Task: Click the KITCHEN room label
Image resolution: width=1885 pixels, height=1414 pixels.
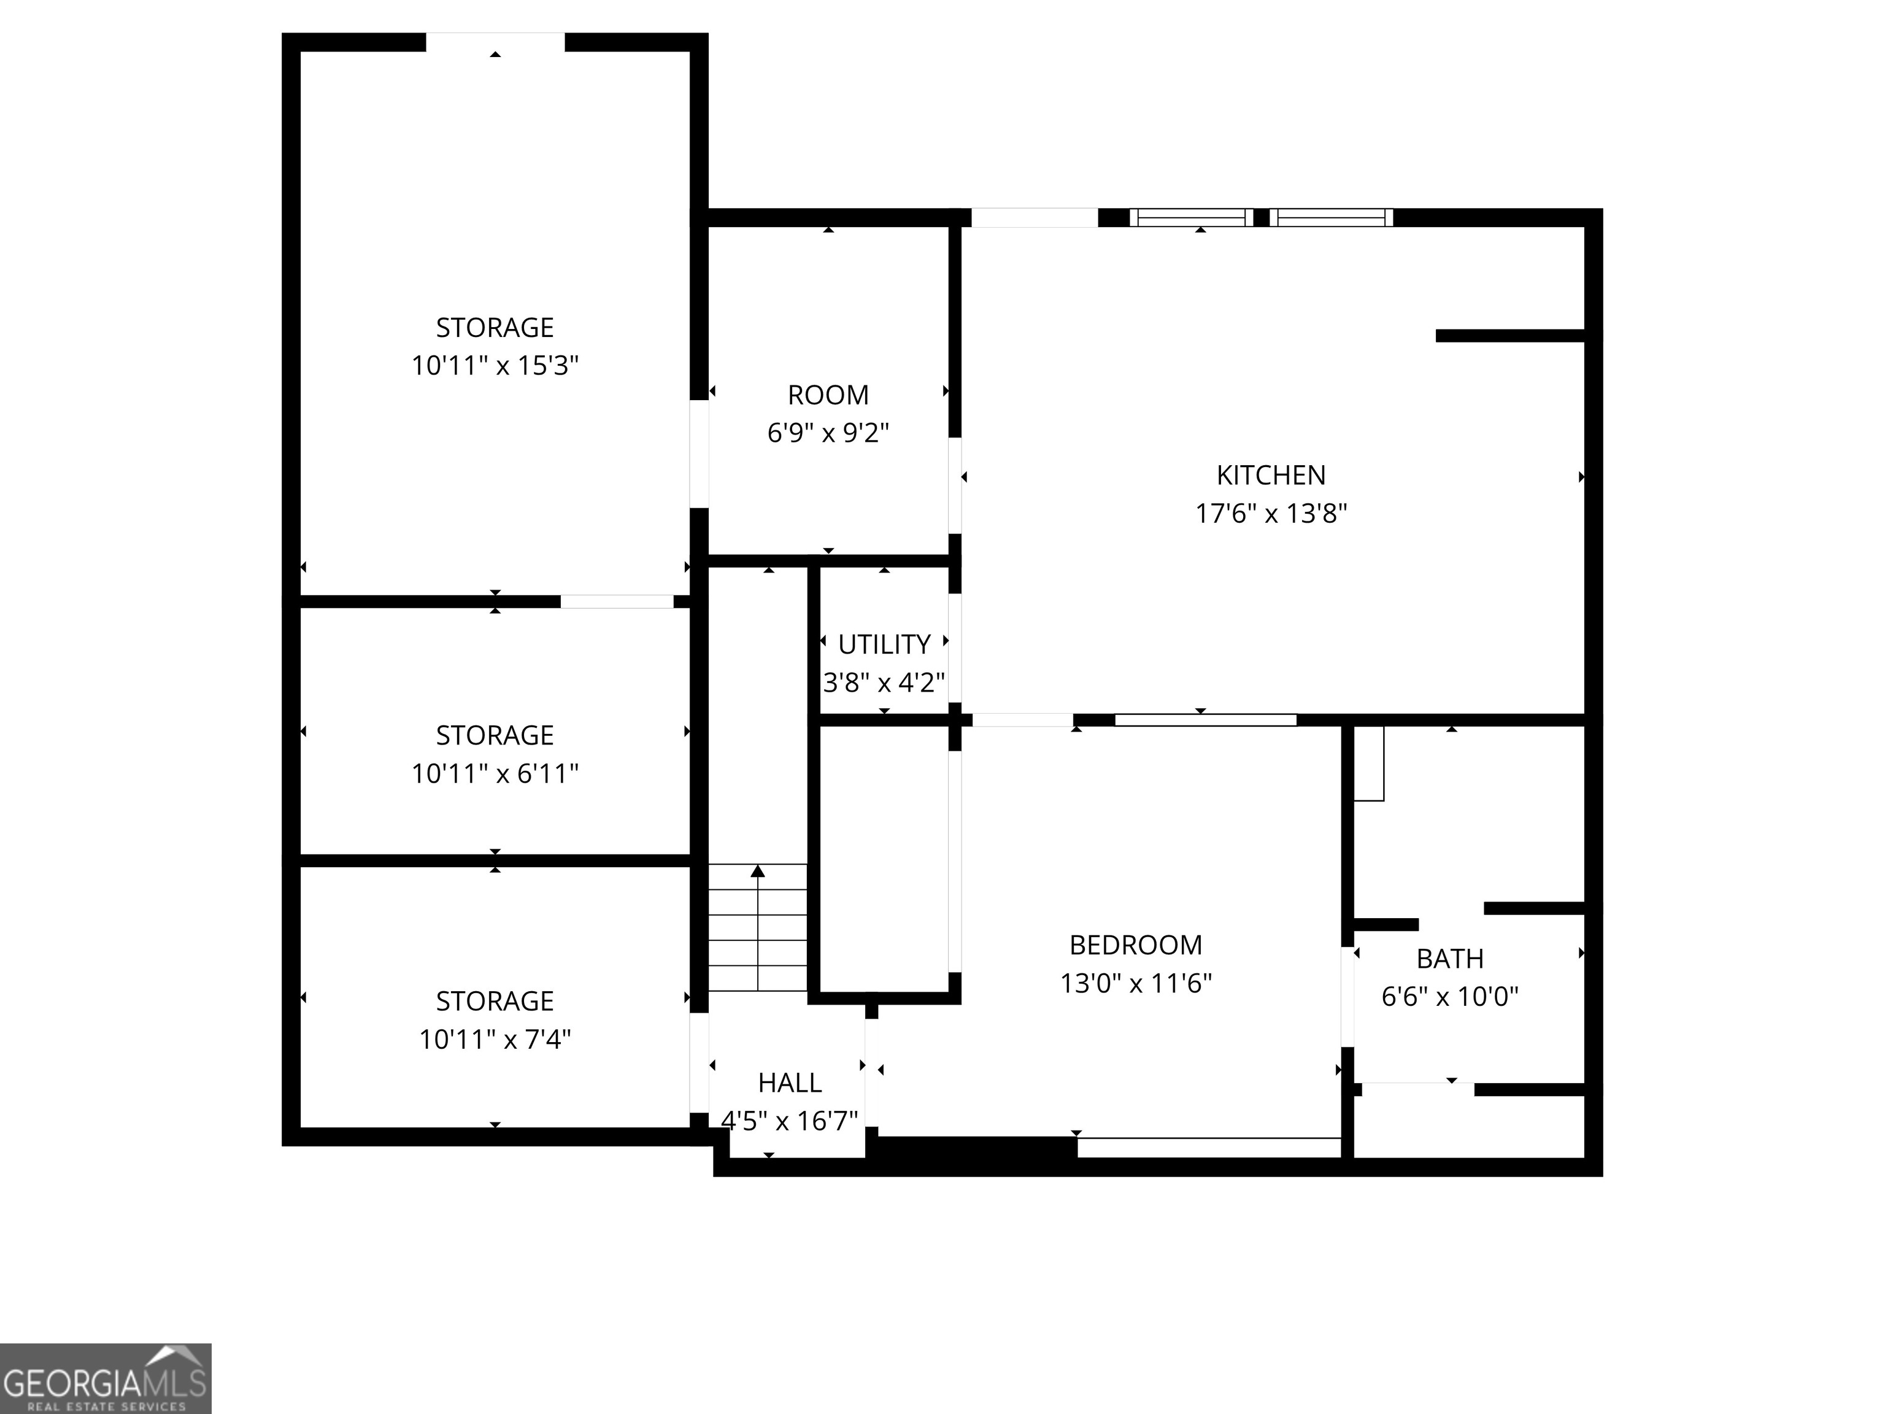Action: (x=1271, y=475)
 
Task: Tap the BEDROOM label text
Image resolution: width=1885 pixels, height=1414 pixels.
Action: (x=1135, y=945)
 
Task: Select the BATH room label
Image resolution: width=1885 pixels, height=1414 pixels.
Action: (x=1449, y=959)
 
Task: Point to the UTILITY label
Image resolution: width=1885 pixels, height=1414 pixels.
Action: (x=884, y=644)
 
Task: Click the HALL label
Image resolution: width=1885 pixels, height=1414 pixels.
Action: (x=789, y=1083)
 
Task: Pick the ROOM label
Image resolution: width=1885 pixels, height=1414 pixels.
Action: (x=828, y=395)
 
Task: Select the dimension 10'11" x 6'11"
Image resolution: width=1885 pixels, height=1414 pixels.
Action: (x=495, y=773)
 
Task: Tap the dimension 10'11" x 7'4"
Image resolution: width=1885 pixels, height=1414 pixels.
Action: (x=495, y=1039)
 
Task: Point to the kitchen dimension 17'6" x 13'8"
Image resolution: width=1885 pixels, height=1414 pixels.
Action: (x=1271, y=513)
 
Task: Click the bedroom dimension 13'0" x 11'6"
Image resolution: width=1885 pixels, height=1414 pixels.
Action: (x=1135, y=983)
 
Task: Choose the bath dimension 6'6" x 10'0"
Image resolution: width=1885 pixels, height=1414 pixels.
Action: (x=1449, y=995)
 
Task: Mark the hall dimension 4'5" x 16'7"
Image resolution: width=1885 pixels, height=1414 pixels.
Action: (x=789, y=1120)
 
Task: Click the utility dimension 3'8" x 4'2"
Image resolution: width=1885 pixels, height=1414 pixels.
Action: (x=884, y=682)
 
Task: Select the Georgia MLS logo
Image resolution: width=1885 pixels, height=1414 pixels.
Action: (x=105, y=1378)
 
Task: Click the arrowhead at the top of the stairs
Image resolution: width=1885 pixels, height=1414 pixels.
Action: (x=758, y=870)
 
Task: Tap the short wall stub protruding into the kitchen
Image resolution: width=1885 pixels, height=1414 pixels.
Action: (x=1509, y=336)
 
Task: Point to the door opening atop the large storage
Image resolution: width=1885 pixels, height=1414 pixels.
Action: (x=495, y=42)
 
